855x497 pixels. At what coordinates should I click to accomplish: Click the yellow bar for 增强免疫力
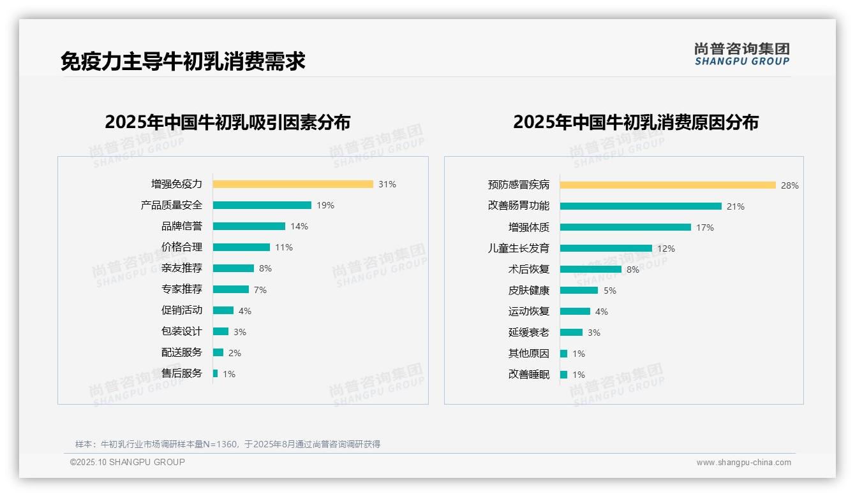pyautogui.click(x=293, y=184)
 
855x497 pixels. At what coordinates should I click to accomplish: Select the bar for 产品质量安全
pyautogui.click(x=262, y=205)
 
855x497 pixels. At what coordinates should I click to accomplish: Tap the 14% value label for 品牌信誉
pyautogui.click(x=299, y=226)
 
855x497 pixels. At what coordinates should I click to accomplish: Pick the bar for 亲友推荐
pyautogui.click(x=234, y=268)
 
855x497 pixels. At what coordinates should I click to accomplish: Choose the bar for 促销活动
pyautogui.click(x=223, y=310)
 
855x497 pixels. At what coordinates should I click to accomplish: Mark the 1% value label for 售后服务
pyautogui.click(x=229, y=374)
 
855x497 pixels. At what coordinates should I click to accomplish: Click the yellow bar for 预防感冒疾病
pyautogui.click(x=668, y=185)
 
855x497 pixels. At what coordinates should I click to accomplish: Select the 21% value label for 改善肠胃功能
pyautogui.click(x=736, y=206)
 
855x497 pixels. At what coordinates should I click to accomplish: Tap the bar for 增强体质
pyautogui.click(x=625, y=227)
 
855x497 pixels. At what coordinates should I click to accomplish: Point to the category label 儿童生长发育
pyautogui.click(x=518, y=248)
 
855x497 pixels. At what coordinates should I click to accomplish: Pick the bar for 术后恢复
pyautogui.click(x=591, y=270)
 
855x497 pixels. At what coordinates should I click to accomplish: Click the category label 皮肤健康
pyautogui.click(x=528, y=291)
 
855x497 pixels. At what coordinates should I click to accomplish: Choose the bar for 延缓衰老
pyautogui.click(x=571, y=333)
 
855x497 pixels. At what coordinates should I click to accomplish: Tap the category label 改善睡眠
pyautogui.click(x=528, y=375)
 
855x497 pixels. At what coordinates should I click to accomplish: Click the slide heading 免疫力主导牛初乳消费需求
pyautogui.click(x=183, y=61)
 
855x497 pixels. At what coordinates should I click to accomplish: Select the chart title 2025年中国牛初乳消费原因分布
pyautogui.click(x=636, y=122)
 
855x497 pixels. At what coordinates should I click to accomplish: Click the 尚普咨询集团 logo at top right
pyautogui.click(x=741, y=54)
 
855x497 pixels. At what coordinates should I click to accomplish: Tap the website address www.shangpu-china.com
pyautogui.click(x=743, y=463)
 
